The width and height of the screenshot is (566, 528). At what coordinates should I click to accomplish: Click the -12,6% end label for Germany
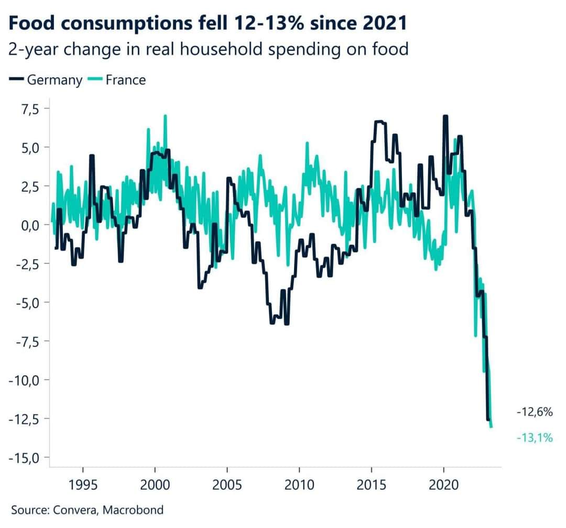(x=535, y=412)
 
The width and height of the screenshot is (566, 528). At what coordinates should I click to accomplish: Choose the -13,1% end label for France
(x=535, y=437)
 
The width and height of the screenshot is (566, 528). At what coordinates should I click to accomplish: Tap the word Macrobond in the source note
(x=134, y=509)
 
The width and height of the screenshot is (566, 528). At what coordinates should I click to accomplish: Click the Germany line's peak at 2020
(x=445, y=116)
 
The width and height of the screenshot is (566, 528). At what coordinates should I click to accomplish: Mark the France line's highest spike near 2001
(x=165, y=116)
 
